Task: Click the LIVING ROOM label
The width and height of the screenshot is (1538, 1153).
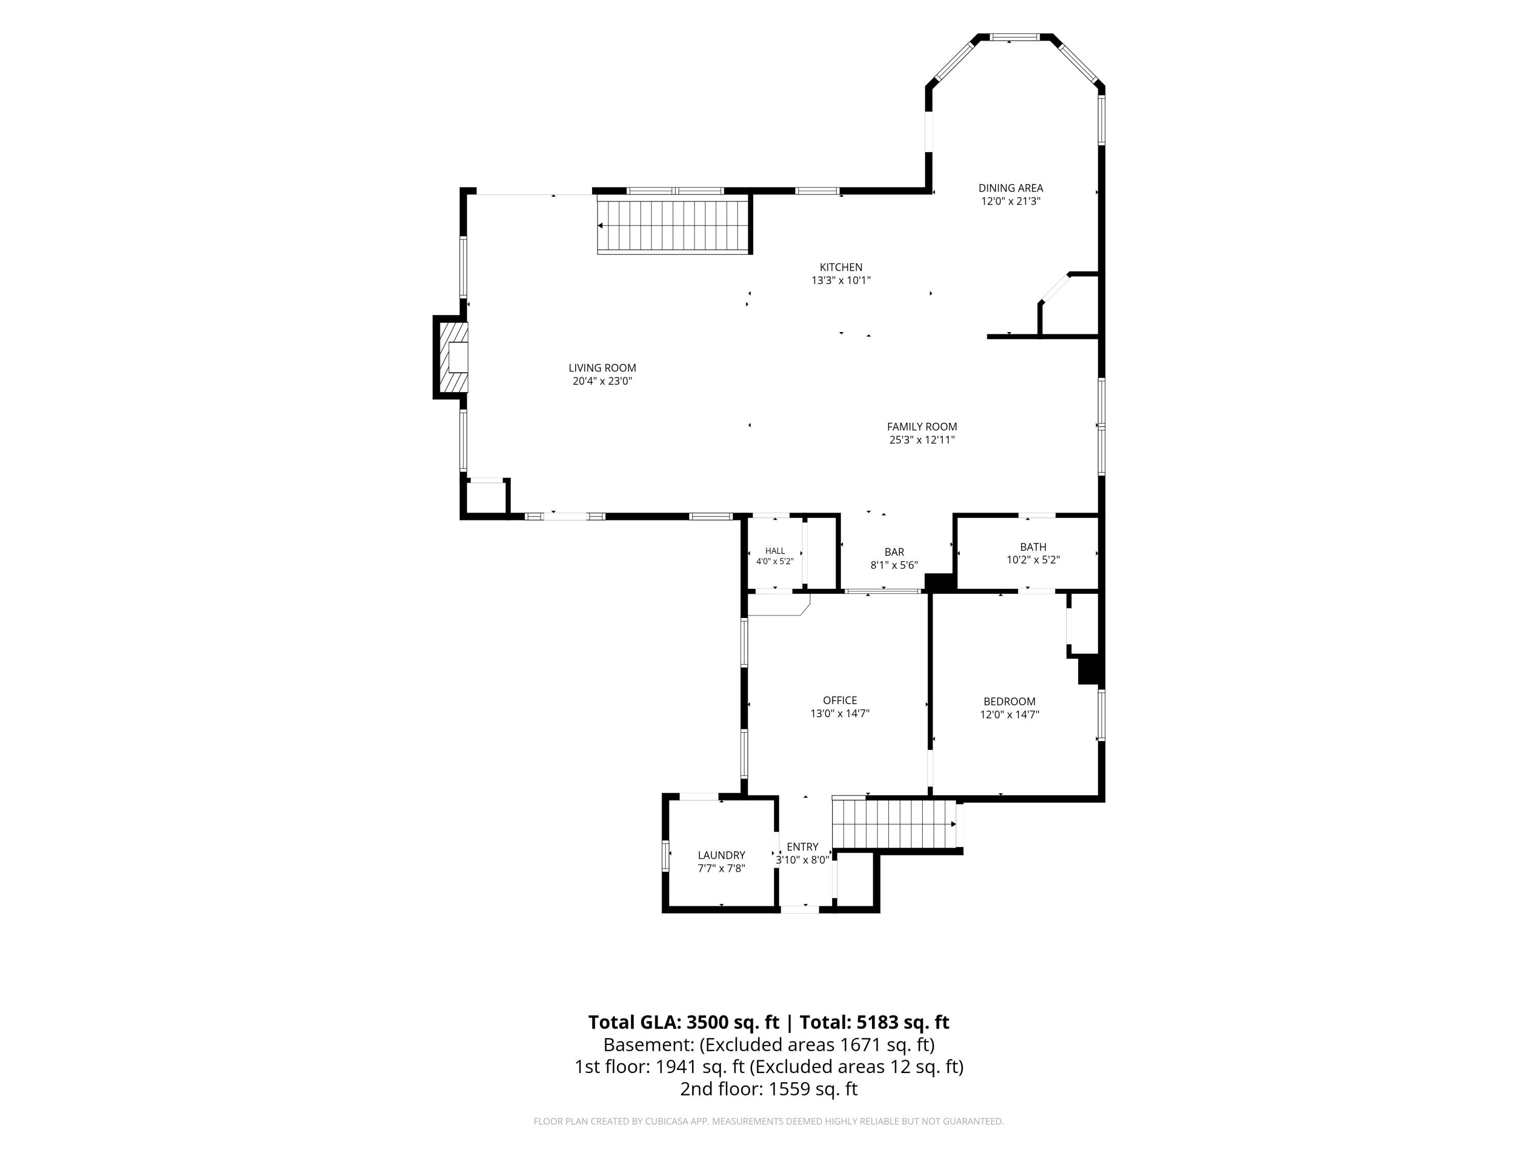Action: (602, 367)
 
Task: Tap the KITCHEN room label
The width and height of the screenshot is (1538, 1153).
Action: (841, 267)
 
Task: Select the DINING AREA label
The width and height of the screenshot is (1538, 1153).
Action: (1010, 188)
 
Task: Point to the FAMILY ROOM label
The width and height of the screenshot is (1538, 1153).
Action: (922, 427)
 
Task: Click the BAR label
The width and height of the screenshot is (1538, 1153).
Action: (894, 552)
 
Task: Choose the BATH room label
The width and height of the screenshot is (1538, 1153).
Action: (1033, 547)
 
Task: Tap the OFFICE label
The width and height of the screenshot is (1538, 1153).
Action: (840, 701)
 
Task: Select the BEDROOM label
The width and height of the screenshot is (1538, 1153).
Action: (1009, 702)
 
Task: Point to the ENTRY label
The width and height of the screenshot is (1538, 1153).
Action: (802, 847)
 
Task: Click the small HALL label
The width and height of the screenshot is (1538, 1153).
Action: (775, 551)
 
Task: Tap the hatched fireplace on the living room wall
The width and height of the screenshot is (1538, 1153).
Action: (451, 357)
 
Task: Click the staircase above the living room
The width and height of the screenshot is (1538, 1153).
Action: (674, 225)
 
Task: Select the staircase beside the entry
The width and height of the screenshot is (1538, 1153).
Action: (895, 824)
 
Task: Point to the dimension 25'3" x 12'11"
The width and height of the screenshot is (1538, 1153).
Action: (922, 440)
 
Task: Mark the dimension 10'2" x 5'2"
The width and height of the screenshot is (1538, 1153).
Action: (1033, 560)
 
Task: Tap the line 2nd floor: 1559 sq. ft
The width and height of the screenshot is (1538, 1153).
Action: (769, 1089)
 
